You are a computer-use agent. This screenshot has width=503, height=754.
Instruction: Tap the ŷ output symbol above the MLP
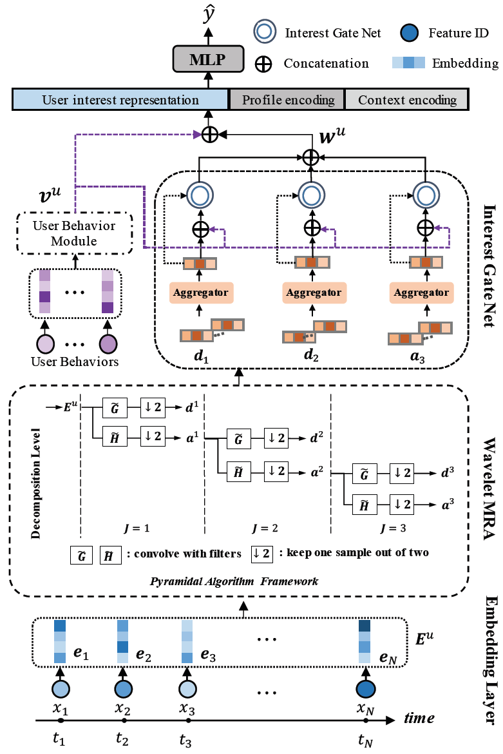tap(206, 14)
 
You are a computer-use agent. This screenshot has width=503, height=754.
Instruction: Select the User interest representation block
tap(120, 100)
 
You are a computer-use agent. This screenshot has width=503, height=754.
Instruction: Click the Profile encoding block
tap(288, 100)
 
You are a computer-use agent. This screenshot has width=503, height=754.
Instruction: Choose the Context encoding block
tap(407, 100)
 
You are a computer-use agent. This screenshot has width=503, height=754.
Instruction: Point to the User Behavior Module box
tap(75, 233)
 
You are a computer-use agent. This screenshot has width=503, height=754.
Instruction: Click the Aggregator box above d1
tap(198, 292)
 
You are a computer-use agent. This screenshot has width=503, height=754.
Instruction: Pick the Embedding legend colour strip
tap(408, 63)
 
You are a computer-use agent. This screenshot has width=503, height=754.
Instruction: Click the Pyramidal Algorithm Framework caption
tap(234, 581)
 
